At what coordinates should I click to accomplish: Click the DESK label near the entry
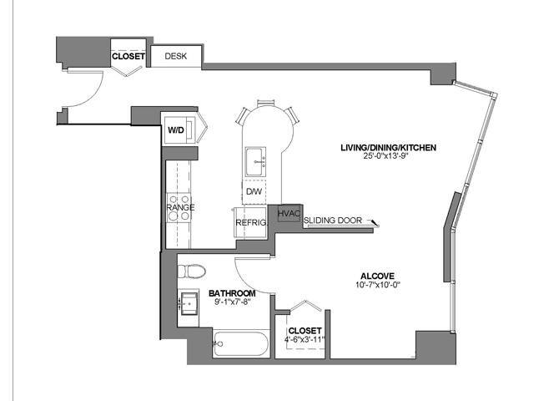click(x=176, y=57)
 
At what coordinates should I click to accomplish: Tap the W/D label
click(x=176, y=130)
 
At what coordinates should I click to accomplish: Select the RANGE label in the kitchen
click(x=180, y=206)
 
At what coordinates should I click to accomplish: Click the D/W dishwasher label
click(x=253, y=191)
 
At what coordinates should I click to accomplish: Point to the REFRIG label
click(x=250, y=222)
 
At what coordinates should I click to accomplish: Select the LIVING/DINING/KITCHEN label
click(x=389, y=148)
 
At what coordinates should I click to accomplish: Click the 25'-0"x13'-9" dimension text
click(x=389, y=157)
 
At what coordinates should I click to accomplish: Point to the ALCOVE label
click(x=376, y=276)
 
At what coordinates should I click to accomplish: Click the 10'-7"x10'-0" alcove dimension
click(x=376, y=285)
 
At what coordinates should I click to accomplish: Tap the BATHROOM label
click(x=231, y=293)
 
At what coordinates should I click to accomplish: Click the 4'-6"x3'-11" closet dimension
click(x=304, y=340)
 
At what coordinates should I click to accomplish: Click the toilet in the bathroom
click(x=191, y=272)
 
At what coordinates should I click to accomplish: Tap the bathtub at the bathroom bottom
click(x=239, y=343)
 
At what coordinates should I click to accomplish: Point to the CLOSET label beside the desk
click(x=128, y=57)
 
